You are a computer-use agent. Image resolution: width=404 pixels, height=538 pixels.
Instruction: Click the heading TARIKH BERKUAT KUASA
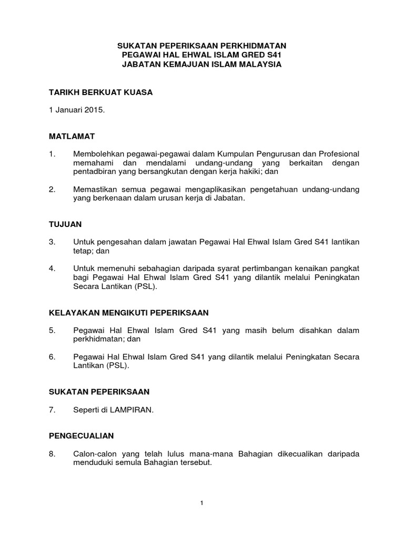pos(100,92)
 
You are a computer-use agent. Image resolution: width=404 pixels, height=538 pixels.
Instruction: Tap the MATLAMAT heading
pos(72,136)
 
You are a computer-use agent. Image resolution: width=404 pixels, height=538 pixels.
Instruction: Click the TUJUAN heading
pos(65,224)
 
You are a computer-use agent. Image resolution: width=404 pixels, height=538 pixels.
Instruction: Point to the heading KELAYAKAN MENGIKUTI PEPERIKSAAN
pos(129,312)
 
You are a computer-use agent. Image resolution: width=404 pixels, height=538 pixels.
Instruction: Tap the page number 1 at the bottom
pos(202,503)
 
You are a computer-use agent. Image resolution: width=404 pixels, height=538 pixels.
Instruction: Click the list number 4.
pos(52,268)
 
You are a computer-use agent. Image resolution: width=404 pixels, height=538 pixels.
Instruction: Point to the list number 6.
pos(52,357)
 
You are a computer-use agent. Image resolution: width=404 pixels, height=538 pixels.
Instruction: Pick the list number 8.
pos(52,454)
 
